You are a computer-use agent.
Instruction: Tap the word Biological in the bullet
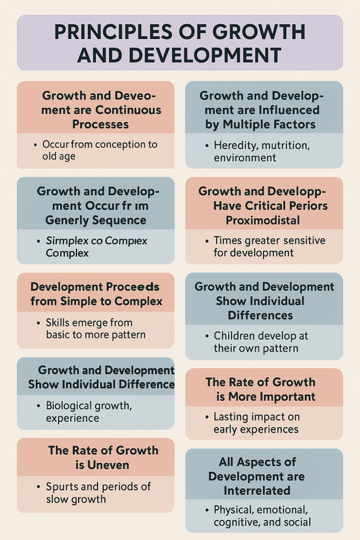(x=69, y=406)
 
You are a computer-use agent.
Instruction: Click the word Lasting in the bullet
(x=231, y=417)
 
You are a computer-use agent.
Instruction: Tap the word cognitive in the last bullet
(x=235, y=522)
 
